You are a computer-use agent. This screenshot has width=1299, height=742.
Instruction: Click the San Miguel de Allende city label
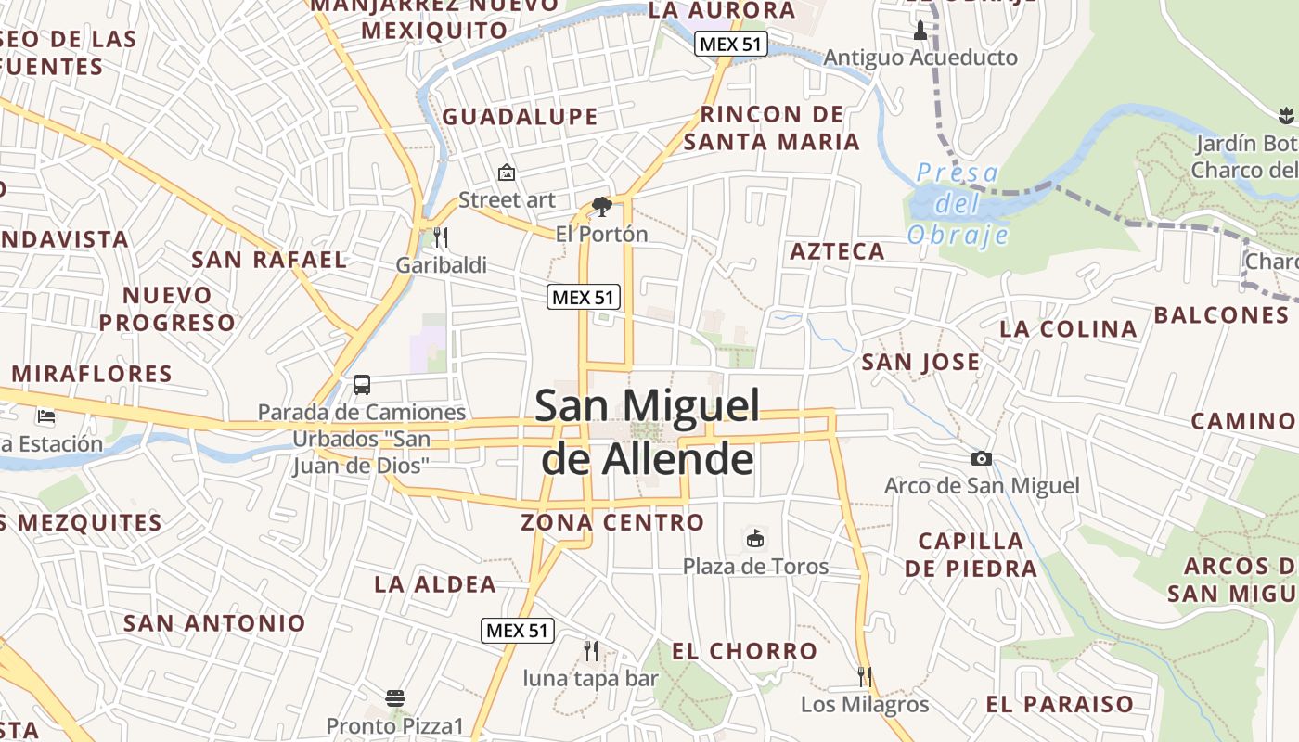tap(648, 432)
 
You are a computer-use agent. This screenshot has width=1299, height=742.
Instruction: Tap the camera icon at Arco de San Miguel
tap(981, 458)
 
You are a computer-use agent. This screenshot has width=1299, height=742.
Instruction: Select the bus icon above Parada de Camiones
tap(362, 384)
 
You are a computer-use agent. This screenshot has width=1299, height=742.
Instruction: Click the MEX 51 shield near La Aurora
tap(732, 44)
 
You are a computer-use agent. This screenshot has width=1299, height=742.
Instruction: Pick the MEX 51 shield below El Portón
tap(584, 297)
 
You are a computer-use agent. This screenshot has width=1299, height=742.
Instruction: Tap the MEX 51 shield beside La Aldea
tap(518, 631)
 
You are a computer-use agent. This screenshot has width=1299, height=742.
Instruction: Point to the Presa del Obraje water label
tap(958, 203)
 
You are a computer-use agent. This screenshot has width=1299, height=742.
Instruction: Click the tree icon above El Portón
tap(601, 207)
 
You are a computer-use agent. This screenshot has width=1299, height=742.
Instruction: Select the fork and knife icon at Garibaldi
tap(440, 237)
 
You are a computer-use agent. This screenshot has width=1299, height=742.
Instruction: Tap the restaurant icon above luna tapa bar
tap(590, 651)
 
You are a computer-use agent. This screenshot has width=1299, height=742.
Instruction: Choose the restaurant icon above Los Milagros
tap(865, 676)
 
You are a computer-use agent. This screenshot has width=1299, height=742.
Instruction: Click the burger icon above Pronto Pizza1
tap(395, 697)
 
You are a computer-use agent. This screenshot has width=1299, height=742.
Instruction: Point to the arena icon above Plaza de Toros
tap(755, 538)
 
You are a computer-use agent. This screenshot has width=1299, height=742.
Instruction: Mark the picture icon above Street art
tap(507, 173)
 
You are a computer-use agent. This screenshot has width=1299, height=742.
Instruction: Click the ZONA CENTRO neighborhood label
tap(612, 522)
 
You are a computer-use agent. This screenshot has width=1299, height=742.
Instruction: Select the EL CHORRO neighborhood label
tap(744, 651)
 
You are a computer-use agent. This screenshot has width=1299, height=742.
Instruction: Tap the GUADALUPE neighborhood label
tap(520, 117)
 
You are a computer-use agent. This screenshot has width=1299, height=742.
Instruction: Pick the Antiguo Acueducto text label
tap(920, 58)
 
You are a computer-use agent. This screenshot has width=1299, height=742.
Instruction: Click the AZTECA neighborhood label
tap(837, 251)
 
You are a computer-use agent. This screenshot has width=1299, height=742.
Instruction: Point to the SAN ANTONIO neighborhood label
tap(214, 623)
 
